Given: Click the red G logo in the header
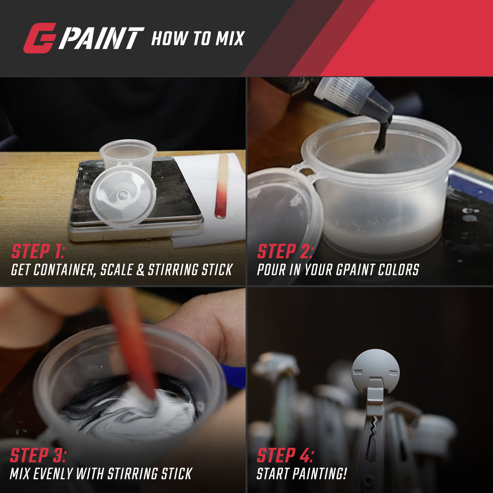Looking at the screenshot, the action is [x=40, y=38].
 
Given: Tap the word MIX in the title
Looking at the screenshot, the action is [x=230, y=38].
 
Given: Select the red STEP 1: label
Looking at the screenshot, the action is [x=38, y=251].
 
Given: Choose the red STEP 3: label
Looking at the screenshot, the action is [x=38, y=455].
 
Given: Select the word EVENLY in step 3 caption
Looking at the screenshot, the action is [x=53, y=474].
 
